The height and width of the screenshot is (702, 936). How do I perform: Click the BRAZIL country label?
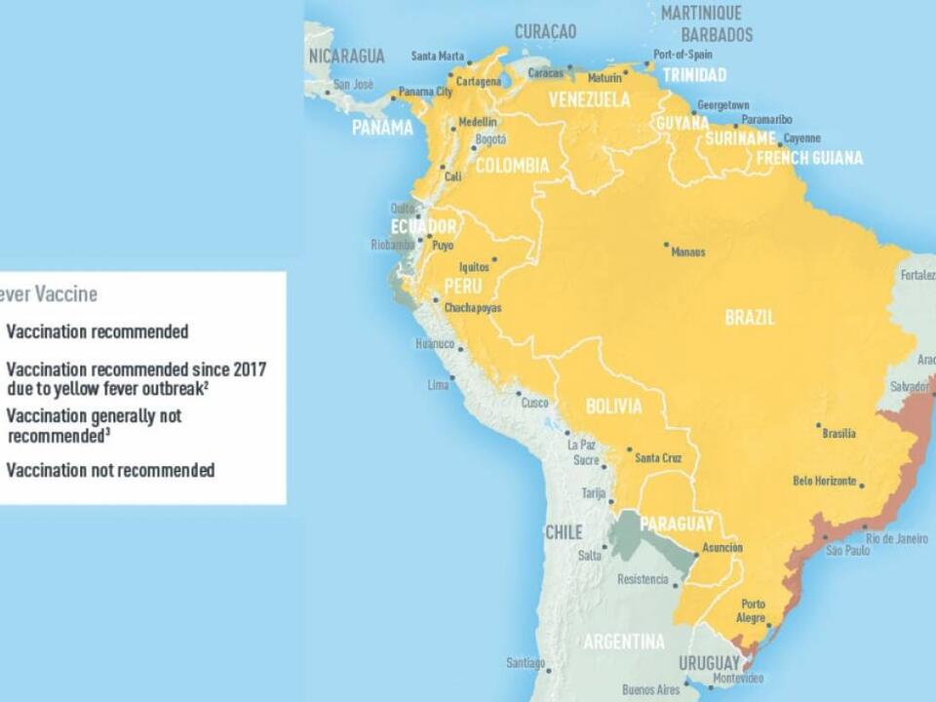750,317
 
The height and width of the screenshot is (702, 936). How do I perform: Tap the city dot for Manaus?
666,244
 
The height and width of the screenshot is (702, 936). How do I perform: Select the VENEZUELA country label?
589,99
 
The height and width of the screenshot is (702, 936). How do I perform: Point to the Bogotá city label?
489,139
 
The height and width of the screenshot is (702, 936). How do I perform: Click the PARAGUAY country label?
677,524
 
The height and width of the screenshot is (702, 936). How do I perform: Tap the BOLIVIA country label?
613,407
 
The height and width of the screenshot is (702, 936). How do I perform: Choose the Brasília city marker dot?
818,425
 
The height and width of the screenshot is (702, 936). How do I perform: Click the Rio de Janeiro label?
897,539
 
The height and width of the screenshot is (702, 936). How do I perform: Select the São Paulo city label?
847,551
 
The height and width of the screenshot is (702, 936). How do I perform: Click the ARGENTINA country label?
623,642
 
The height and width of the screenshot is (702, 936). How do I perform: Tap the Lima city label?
438,385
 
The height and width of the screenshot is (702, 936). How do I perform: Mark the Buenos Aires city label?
650,689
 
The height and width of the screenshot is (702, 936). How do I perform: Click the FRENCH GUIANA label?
809,158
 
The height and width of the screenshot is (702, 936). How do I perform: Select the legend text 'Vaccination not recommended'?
110,470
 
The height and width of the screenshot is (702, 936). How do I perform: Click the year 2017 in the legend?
249,369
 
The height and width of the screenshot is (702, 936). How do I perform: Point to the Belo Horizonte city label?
824,481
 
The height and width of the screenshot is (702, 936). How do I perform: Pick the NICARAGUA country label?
346,56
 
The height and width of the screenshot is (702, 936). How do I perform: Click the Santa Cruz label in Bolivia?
658,458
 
